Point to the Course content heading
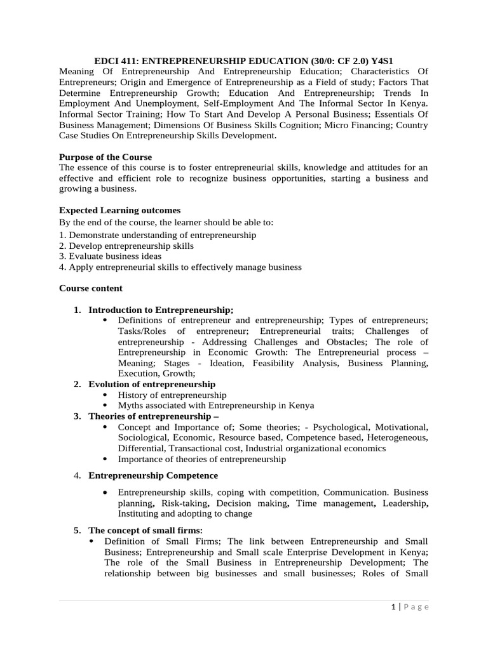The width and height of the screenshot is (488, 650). point(91,288)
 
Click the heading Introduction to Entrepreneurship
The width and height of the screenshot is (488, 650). point(161,310)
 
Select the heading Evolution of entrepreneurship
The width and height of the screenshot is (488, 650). point(152,384)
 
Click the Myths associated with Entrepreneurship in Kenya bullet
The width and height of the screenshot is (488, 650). point(216,405)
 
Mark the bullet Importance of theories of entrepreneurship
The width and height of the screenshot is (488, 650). point(202,459)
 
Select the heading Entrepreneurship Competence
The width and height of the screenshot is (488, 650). point(153,475)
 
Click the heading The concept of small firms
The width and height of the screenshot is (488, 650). point(146,530)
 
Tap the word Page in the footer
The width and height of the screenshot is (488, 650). point(416,607)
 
